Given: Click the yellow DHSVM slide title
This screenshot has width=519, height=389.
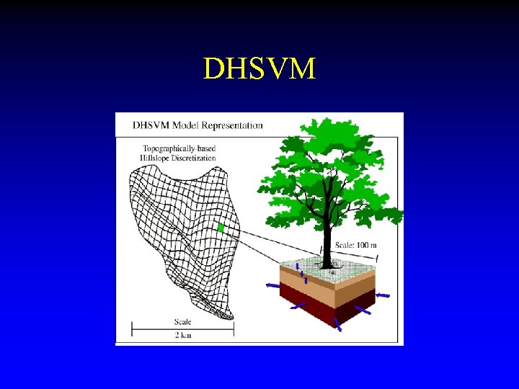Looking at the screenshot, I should click(259, 69).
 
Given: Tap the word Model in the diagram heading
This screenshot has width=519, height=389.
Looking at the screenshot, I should click(181, 125).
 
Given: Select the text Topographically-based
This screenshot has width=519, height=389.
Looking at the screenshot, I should click(179, 148).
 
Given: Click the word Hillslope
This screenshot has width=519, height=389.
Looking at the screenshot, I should click(152, 158).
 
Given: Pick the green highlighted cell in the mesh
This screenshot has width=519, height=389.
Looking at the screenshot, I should click(221, 228).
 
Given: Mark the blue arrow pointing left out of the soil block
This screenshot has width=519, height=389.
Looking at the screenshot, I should click(272, 286).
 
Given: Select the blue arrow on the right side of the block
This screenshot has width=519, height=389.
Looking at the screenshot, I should click(382, 295).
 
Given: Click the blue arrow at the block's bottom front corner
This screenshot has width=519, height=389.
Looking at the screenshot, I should click(336, 323).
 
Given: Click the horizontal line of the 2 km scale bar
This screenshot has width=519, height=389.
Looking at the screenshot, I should click(182, 331).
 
